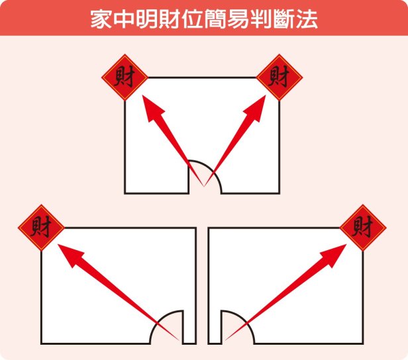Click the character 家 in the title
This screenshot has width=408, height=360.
[x=101, y=19]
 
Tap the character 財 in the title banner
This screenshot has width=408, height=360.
[x=170, y=19]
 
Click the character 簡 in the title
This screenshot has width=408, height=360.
[x=215, y=19]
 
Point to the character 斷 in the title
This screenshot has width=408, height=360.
[x=283, y=19]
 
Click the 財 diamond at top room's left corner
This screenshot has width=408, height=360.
[x=125, y=77]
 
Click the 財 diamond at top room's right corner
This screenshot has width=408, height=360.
[x=280, y=77]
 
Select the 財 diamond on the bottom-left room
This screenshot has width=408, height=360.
[x=41, y=228]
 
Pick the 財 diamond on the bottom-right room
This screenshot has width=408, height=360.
[x=363, y=228]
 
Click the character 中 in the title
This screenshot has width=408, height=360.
[x=124, y=19]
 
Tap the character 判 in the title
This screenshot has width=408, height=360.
[x=261, y=19]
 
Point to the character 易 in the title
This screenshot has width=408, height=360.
[x=238, y=19]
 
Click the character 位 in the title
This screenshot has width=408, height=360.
[x=192, y=19]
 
